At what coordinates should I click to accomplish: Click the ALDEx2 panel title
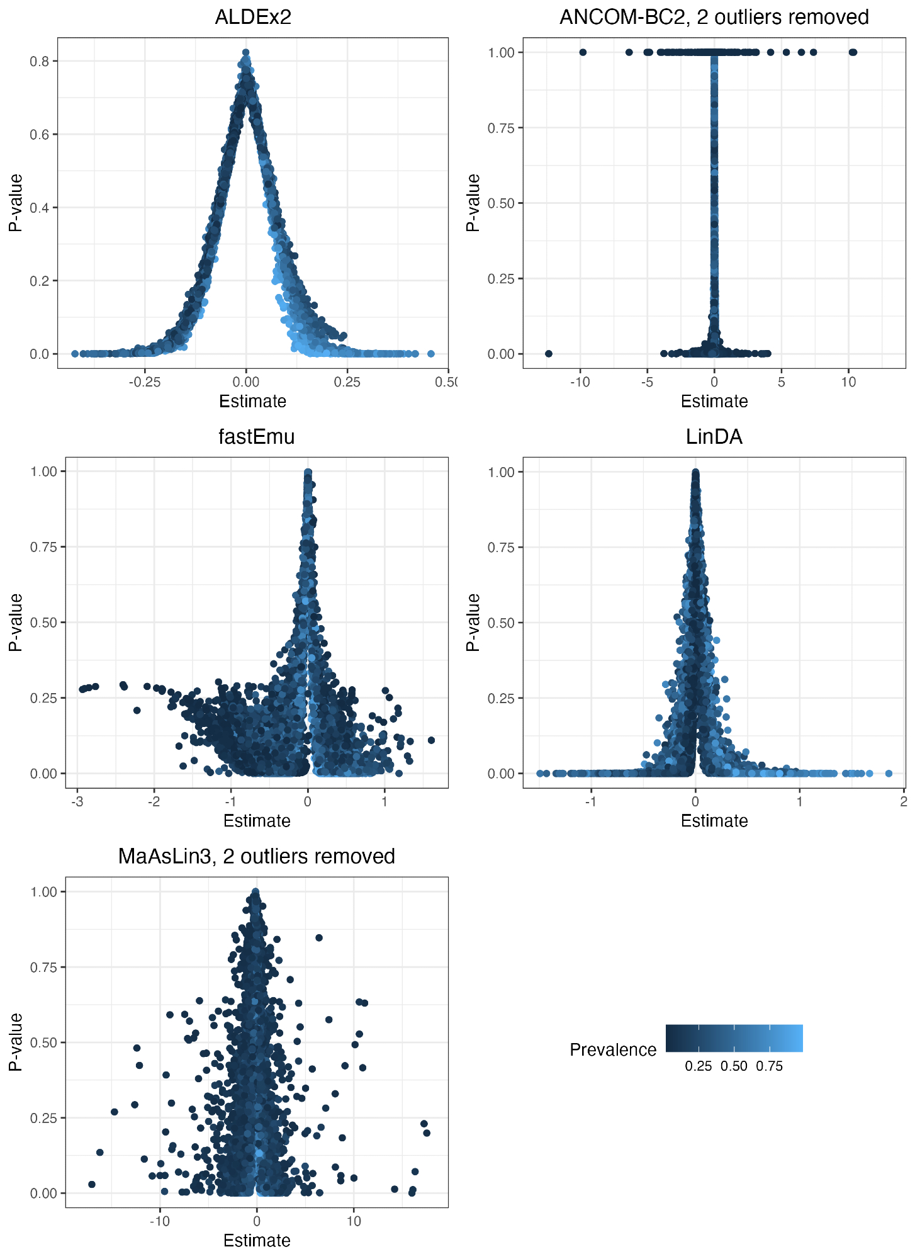(x=253, y=17)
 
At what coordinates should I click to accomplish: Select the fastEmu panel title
(x=256, y=436)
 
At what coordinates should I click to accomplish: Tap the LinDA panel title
(x=714, y=436)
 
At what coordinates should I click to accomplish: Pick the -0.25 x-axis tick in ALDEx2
(x=144, y=382)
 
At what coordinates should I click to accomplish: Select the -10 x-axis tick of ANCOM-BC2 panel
(x=580, y=382)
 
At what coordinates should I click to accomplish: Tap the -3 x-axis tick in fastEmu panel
(x=77, y=801)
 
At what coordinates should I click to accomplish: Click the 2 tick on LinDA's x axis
(x=904, y=801)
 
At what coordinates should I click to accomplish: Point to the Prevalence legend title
(x=613, y=1050)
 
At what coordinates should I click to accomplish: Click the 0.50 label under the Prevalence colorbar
(x=734, y=1066)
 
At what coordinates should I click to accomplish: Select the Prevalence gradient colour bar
(x=734, y=1038)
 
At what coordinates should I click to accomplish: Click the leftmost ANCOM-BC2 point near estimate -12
(x=548, y=354)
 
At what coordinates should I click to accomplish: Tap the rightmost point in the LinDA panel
(x=889, y=773)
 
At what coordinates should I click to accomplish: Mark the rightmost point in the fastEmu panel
(x=431, y=740)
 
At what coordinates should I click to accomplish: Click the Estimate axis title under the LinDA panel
(x=714, y=821)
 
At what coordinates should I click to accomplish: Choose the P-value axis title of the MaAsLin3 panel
(x=16, y=1042)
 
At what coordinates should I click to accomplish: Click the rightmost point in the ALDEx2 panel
(x=431, y=354)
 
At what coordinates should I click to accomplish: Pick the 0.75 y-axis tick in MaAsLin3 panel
(x=43, y=967)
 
